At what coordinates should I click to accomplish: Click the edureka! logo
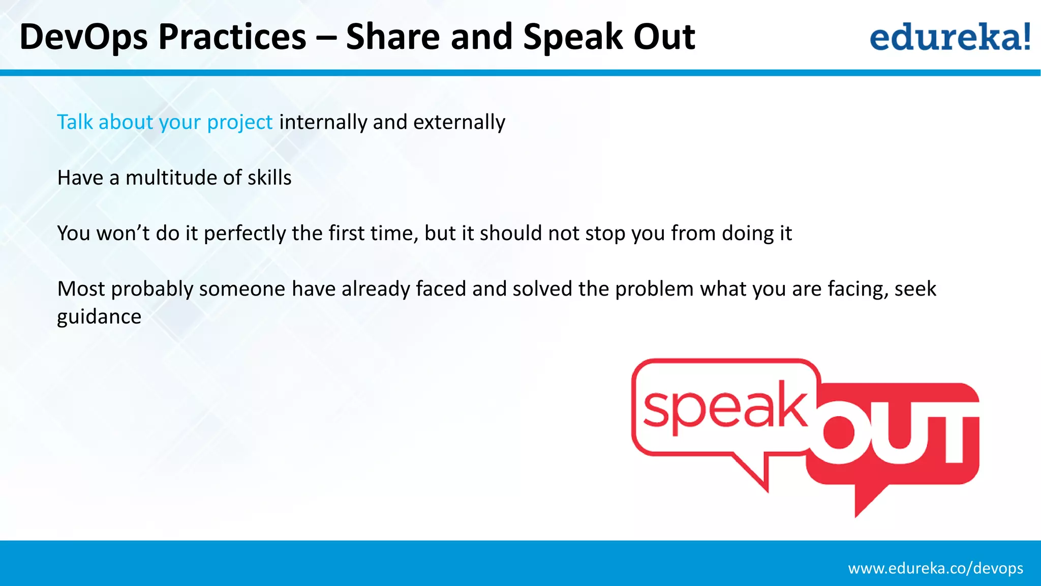pos(950,37)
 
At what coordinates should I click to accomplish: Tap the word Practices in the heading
pos(232,38)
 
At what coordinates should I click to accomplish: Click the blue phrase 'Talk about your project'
pos(165,122)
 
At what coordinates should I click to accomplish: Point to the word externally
pos(459,122)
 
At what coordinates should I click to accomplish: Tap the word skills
pos(269,178)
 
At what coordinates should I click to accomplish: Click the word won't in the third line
pos(123,233)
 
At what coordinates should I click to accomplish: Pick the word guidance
pos(99,317)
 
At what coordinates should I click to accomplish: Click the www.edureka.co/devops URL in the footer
pos(935,568)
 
